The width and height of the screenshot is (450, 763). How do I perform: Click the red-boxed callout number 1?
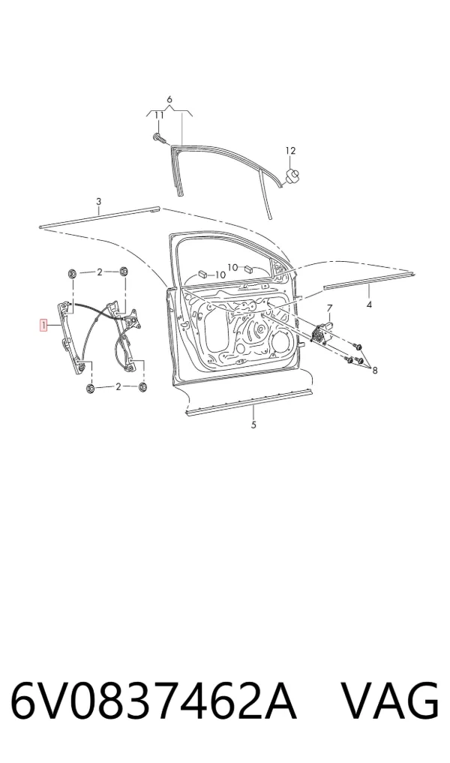[x=43, y=325]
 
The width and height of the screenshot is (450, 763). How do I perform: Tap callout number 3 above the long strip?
[x=99, y=202]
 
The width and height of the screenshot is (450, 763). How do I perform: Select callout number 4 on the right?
[x=369, y=305]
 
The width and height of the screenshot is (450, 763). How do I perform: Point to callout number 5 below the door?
[x=253, y=425]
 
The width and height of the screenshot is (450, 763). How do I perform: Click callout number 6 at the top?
[x=169, y=100]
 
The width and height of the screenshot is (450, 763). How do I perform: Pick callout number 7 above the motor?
[x=329, y=308]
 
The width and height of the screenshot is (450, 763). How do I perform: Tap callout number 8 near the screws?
[x=375, y=371]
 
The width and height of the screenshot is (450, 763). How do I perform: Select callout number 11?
[x=159, y=116]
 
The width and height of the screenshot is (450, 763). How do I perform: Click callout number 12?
[x=290, y=151]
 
